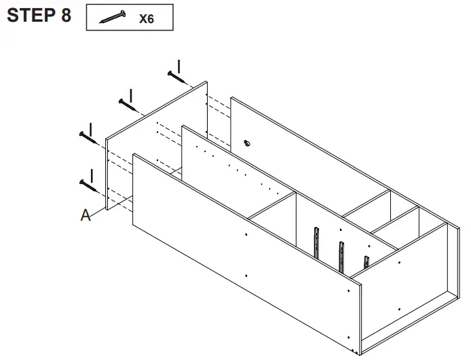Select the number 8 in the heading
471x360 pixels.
click(x=65, y=16)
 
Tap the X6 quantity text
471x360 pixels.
click(x=146, y=19)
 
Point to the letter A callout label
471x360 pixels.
click(x=86, y=215)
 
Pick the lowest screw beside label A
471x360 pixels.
click(x=88, y=183)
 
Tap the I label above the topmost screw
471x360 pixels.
click(x=178, y=65)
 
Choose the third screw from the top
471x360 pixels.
click(x=88, y=135)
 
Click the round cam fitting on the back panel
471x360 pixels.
click(x=246, y=143)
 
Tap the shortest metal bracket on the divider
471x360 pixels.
click(x=366, y=261)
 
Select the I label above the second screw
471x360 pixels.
click(x=131, y=94)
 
